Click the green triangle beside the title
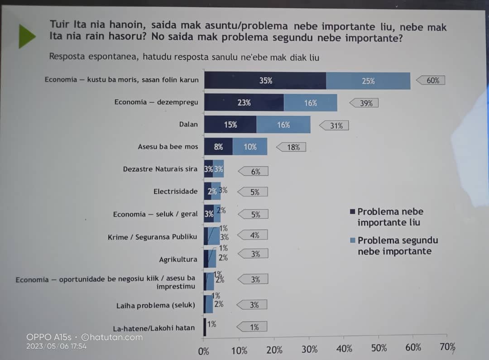[x=27, y=36]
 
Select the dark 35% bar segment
[x=265, y=81]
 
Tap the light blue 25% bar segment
[x=368, y=81]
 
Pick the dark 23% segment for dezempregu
[x=244, y=103]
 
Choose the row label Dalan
[x=188, y=124]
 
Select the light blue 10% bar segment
[x=250, y=147]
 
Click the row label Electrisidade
[x=175, y=192]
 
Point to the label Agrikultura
[x=178, y=259]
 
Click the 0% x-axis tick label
[x=204, y=351]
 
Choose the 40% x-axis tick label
[x=344, y=349]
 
